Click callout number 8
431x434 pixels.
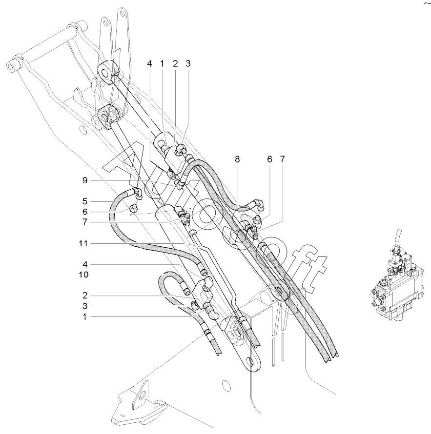click(x=237, y=159)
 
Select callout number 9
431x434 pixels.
click(x=85, y=181)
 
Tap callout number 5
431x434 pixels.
click(x=85, y=201)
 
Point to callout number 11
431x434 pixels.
click(x=83, y=243)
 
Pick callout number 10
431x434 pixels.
click(x=83, y=275)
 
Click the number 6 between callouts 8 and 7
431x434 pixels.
click(x=269, y=159)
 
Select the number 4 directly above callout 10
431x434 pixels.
click(x=85, y=265)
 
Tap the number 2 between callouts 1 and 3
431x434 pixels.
click(x=175, y=64)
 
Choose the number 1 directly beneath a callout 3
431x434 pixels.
click(x=85, y=317)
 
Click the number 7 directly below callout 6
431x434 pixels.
click(x=85, y=222)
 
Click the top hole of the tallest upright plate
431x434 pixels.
click(x=122, y=14)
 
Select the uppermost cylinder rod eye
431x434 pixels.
click(x=105, y=73)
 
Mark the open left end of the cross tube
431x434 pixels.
click(x=11, y=67)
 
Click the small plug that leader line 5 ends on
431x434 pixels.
click(x=134, y=207)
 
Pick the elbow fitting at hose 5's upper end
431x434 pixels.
click(x=138, y=193)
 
